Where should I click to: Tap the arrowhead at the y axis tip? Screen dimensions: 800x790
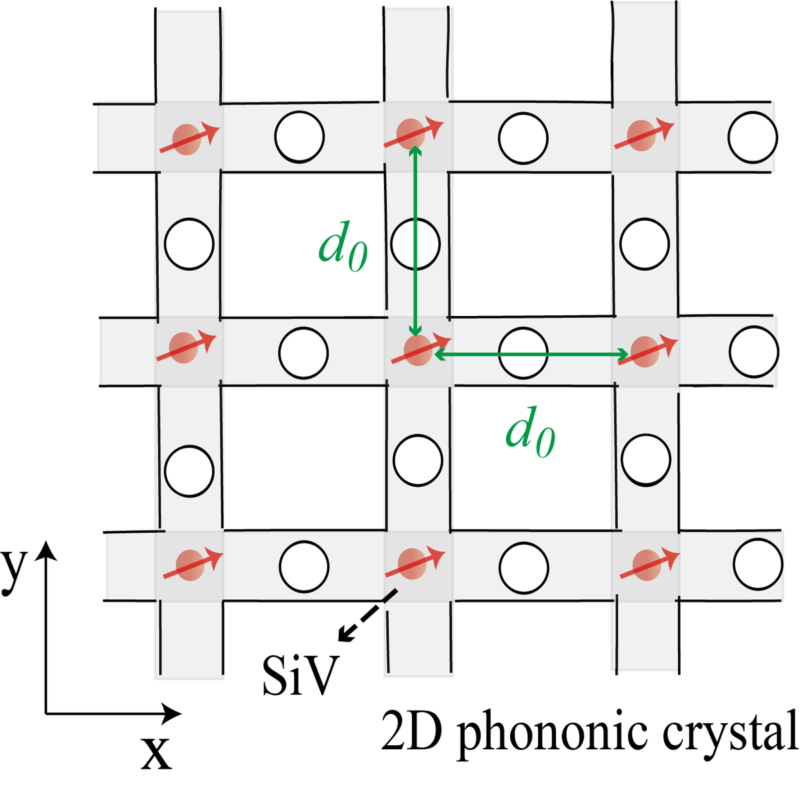(46, 551)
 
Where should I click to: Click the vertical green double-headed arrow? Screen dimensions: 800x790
(415, 240)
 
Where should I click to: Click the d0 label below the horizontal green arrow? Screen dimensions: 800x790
(530, 435)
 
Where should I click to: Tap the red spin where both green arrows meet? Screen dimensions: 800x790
(417, 350)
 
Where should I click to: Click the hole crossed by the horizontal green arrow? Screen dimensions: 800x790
(523, 351)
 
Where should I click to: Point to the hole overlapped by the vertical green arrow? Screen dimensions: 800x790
(415, 244)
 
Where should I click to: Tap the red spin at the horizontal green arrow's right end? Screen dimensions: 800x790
(645, 350)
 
